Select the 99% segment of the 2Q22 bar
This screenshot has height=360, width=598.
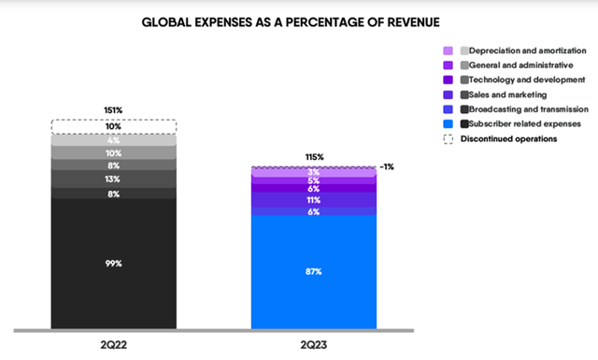point(113,264)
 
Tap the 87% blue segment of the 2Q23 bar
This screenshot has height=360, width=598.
point(315,271)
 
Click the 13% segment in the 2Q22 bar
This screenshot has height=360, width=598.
point(113,180)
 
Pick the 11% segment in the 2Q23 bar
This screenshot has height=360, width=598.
point(315,200)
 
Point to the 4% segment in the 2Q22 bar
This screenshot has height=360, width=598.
point(113,140)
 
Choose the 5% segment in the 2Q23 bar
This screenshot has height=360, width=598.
point(315,180)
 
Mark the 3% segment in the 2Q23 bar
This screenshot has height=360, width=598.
point(315,172)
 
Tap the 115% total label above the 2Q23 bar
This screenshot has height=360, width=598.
point(315,157)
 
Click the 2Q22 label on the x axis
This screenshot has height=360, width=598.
point(113,344)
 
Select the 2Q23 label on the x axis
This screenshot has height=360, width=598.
point(315,344)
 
